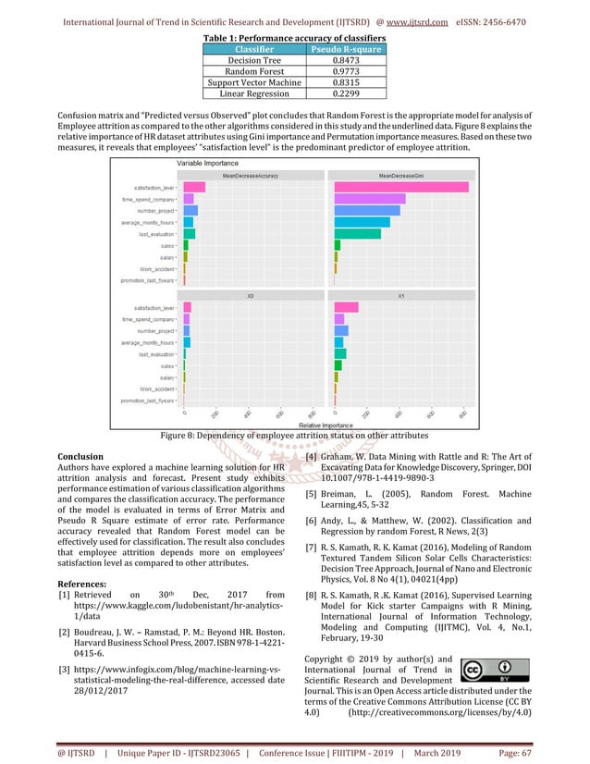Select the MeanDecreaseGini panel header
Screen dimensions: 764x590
[x=400, y=174]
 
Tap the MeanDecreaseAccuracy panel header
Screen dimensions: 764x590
[x=250, y=174]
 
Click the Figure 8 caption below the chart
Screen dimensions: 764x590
[x=295, y=434]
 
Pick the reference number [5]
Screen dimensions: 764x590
[x=312, y=493]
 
